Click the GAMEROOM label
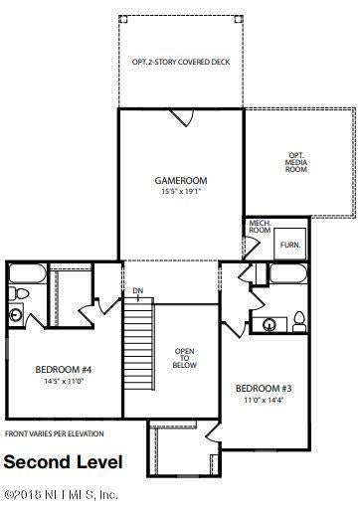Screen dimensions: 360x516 click(181, 181)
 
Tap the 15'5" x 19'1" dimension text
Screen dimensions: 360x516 click(181, 191)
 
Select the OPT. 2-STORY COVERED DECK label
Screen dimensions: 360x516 click(181, 62)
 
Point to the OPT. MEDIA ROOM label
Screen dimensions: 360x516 click(296, 162)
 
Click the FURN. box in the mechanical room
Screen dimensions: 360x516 click(290, 244)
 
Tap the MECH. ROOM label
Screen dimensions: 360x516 click(260, 227)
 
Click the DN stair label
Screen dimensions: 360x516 click(138, 290)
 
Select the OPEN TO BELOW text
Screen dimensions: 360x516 click(185, 358)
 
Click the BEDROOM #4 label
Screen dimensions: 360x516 click(64, 369)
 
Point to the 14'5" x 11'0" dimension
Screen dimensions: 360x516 click(64, 381)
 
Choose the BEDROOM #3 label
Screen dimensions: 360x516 click(264, 388)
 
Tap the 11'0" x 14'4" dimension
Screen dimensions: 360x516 click(264, 400)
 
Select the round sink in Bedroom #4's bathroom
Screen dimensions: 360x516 click(16, 315)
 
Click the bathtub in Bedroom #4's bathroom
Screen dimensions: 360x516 click(27, 273)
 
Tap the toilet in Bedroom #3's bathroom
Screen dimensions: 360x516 click(299, 321)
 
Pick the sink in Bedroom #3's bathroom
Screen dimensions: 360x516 click(270, 325)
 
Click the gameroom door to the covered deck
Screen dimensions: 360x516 click(181, 117)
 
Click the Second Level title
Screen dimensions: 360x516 click(64, 462)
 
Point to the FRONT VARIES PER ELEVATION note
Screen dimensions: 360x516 click(55, 433)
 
